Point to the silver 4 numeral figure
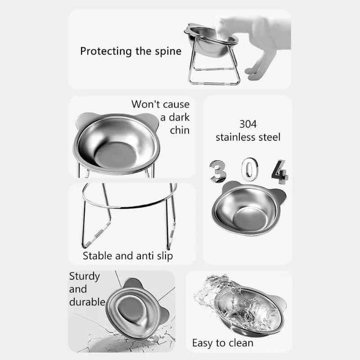[x=279, y=171]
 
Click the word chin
[x=180, y=130]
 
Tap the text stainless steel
[x=248, y=137]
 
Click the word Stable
[x=98, y=256]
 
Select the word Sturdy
[x=84, y=276]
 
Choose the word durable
[x=87, y=302]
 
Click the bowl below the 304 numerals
[x=248, y=209]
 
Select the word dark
[x=180, y=118]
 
